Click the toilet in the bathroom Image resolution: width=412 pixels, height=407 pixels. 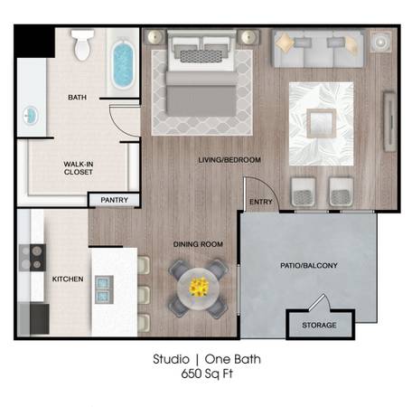(82, 44)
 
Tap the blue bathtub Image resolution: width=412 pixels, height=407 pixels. (123, 64)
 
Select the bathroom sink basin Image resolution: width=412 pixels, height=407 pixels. (31, 115)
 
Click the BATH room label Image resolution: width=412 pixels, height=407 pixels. (78, 98)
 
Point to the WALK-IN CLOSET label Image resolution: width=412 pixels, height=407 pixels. (79, 168)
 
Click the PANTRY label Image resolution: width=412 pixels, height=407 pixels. (115, 200)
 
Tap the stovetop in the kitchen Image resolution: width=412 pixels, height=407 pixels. (33, 258)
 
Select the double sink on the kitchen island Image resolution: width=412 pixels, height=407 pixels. (104, 289)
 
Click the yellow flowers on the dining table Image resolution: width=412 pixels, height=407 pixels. (199, 287)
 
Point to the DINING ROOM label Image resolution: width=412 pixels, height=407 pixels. (198, 244)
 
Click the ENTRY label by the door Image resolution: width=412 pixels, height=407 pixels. (261, 202)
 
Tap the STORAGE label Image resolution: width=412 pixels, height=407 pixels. (319, 325)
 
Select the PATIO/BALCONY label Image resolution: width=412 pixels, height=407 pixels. (309, 265)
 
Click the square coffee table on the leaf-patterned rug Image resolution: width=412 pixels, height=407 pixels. (322, 123)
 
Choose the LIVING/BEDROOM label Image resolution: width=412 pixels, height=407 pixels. (229, 160)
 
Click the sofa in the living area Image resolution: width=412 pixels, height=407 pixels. (319, 48)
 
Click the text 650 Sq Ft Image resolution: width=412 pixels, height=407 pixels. (207, 374)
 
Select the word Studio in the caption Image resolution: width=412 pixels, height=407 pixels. (171, 359)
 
